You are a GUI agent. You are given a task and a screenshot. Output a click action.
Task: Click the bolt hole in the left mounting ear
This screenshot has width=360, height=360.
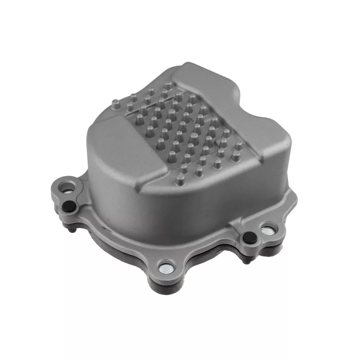69,185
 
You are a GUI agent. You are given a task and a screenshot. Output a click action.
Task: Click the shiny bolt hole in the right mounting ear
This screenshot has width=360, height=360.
267,229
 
